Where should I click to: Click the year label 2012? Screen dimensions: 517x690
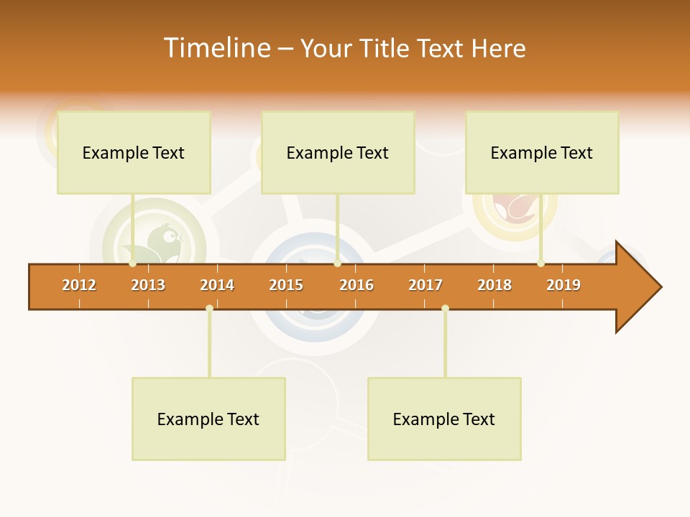tap(79, 285)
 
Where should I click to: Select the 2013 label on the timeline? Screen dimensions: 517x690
tap(148, 285)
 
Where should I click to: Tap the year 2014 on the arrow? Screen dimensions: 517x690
tap(217, 285)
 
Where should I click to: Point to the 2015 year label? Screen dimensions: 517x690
tap(286, 285)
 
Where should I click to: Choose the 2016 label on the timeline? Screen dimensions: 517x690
tap(356, 285)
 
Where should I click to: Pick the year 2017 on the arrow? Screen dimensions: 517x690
tap(425, 285)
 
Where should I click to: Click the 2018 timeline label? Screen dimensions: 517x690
tap(494, 285)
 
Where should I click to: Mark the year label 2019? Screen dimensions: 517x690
tap(563, 285)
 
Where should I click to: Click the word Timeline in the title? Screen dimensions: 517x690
tap(216, 48)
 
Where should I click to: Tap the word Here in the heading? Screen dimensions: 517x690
tap(499, 48)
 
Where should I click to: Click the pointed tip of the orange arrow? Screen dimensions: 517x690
tap(659, 287)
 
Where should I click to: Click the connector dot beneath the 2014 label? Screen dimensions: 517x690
tap(209, 309)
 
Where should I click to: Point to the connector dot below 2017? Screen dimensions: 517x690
tap(445, 309)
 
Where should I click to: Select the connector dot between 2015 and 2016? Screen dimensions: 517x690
tap(337, 264)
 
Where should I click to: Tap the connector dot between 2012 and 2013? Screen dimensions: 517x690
tap(132, 264)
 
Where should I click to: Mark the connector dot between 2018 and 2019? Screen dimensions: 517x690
tap(540, 264)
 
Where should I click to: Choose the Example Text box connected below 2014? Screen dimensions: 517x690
tap(208, 419)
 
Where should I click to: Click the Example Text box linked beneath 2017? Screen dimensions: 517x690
tap(444, 419)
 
